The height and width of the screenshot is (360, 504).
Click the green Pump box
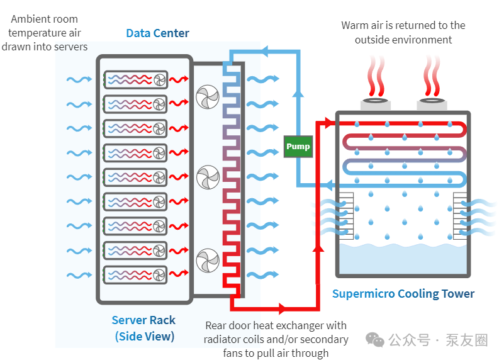(298, 147)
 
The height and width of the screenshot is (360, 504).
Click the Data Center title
(157, 33)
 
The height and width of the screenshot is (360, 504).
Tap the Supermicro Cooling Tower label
(403, 294)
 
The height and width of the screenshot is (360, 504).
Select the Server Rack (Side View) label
(144, 328)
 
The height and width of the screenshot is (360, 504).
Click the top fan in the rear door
(208, 97)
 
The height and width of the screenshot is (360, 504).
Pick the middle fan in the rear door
(208, 177)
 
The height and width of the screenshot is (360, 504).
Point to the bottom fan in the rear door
(208, 261)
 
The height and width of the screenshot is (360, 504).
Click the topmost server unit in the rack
(135, 80)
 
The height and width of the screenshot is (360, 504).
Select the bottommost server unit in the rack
(135, 275)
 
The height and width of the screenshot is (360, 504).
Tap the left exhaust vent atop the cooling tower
(376, 103)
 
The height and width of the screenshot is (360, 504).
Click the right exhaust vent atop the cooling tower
(432, 103)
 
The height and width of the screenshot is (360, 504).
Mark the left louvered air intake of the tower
(346, 216)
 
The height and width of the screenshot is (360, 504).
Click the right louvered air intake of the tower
(460, 216)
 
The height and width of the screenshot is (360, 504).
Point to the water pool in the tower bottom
(403, 259)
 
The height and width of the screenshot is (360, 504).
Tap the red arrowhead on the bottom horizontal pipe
(283, 308)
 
